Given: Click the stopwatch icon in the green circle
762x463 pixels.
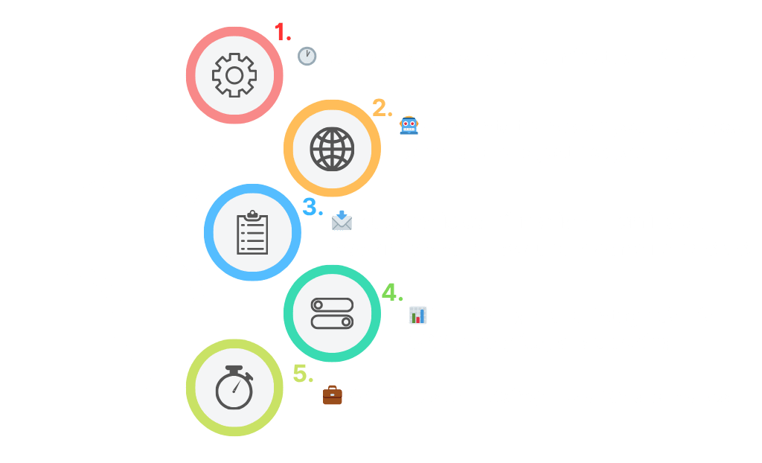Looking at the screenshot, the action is point(234,388).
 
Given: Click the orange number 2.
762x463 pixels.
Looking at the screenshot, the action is point(381,109).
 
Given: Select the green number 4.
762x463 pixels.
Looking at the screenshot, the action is point(391,292).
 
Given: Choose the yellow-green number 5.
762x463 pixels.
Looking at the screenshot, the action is point(302,374).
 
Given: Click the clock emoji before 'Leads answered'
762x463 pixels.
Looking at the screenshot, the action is point(307,57).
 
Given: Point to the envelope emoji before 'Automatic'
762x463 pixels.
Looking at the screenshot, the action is point(342,221).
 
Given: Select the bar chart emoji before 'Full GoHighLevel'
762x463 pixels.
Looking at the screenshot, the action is point(417,316).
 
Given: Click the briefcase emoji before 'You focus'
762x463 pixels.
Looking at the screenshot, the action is point(332,395).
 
